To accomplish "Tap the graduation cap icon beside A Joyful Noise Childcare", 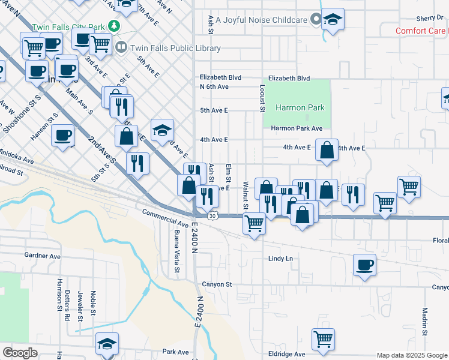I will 333,20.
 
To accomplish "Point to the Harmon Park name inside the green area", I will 300,108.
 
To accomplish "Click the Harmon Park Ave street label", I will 297,128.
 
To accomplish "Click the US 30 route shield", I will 212,215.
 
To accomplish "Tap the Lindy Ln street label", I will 280,259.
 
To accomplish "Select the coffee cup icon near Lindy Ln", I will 364,265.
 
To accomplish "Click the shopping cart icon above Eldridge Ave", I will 323,339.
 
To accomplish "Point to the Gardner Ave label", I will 43,256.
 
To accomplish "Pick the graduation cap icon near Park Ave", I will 106,344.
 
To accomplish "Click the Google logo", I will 20,353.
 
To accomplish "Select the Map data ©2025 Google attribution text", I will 412,356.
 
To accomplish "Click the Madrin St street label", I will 424,322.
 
